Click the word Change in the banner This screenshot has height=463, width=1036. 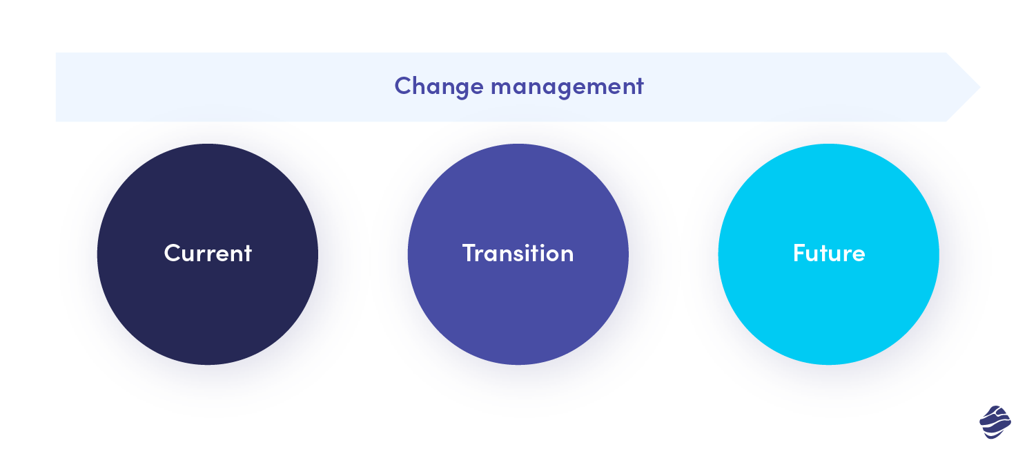439,87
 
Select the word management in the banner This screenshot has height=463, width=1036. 567,87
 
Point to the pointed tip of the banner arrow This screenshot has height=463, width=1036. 980,87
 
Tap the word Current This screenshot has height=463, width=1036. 208,253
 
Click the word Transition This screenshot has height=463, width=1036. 518,253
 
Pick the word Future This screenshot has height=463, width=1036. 829,253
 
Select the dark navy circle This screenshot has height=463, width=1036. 208,254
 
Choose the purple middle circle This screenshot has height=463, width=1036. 518,254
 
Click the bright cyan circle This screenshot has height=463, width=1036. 829,254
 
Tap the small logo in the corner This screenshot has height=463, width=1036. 995,422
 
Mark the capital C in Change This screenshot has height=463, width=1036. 404,86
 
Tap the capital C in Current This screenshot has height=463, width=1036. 173,253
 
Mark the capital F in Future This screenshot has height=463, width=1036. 799,253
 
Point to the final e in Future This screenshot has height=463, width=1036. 858,256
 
